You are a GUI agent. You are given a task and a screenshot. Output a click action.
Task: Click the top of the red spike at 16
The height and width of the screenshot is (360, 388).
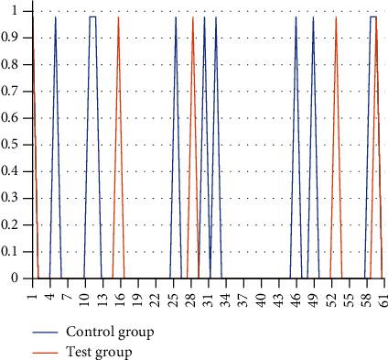coord(119,17)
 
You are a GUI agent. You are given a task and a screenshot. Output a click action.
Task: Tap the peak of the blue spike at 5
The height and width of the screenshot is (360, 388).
coord(56,17)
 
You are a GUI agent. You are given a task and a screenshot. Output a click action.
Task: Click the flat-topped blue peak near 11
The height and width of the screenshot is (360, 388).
coord(93,16)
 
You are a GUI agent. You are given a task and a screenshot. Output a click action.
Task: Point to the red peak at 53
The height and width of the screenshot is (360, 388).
coord(336,17)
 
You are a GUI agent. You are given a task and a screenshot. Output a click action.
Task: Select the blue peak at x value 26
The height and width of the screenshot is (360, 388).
coord(176,17)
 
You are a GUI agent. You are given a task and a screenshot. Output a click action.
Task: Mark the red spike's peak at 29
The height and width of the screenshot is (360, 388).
coord(193,17)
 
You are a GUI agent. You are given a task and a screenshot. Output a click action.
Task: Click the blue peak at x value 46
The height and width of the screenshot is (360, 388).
coord(296,17)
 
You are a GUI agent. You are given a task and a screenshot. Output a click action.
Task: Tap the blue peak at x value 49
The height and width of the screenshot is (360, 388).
coord(313,17)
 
